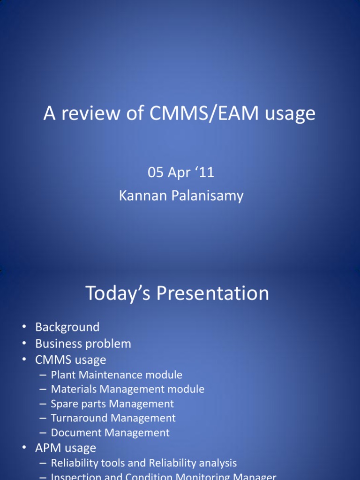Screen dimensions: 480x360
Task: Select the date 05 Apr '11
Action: (181, 172)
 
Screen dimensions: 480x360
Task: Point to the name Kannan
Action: (139, 195)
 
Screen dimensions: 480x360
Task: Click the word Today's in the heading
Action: (118, 293)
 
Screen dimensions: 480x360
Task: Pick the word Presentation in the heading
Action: (213, 293)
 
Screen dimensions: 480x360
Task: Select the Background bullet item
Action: (67, 327)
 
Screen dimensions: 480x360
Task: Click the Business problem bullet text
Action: (83, 344)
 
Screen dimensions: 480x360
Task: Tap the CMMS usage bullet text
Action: (70, 360)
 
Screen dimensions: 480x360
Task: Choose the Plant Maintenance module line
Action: (116, 375)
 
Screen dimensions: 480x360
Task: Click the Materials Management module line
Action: (127, 389)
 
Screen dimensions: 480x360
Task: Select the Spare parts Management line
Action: (112, 404)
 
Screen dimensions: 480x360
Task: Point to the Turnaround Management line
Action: (113, 418)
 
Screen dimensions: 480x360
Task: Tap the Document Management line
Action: (110, 433)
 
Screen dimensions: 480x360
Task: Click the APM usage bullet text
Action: (65, 448)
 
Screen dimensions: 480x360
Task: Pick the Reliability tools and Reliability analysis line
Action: (143, 463)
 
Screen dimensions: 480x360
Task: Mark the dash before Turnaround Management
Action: (43, 418)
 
